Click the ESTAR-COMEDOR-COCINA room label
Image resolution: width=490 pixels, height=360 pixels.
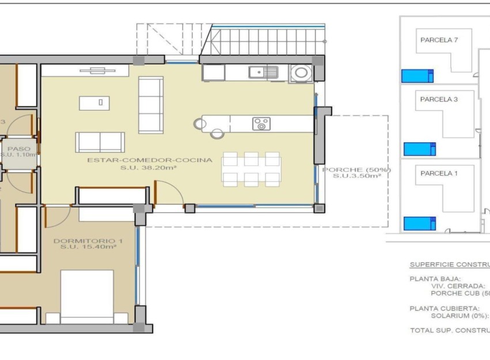point(150,160)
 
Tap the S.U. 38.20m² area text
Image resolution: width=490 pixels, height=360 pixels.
point(149,168)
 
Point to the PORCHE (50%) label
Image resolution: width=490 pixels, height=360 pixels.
point(356,169)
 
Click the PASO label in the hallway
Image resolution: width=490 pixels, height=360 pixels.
point(18,148)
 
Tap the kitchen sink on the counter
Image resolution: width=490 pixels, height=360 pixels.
point(263,72)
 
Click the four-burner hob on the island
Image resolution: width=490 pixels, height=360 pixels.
point(261,123)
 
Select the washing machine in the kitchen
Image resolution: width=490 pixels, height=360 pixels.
point(301,73)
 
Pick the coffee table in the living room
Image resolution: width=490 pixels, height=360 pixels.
point(100,103)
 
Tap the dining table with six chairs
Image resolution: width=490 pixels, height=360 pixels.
point(251,169)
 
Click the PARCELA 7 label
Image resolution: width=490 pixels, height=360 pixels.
point(439,40)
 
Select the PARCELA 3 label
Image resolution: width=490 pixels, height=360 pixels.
point(439,99)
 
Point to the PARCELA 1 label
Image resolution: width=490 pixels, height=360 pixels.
point(439,173)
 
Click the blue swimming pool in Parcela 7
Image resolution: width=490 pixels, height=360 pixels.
point(417,76)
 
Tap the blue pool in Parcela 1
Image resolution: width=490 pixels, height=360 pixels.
point(419,223)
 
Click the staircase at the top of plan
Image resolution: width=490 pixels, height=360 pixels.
point(267,40)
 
